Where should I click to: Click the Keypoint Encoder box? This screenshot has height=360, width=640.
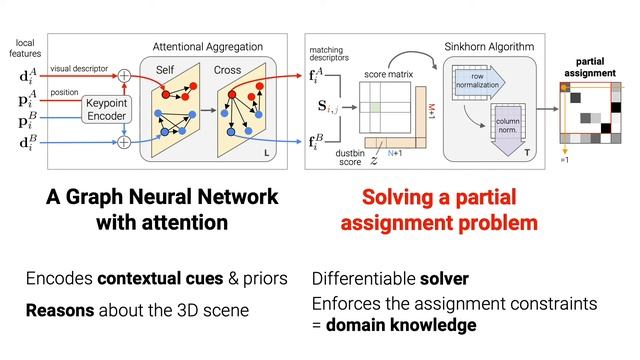pos(106,110)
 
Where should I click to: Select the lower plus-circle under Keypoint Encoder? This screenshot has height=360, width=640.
pos(125,142)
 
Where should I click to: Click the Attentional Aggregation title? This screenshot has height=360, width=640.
pos(207,47)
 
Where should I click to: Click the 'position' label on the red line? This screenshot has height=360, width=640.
pos(64,92)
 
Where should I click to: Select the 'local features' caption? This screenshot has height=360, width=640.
pos(26,49)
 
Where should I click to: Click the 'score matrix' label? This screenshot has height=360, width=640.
pos(388,73)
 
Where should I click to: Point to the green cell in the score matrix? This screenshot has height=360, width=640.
pos(375,105)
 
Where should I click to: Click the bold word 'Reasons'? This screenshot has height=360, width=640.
pos(60,311)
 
